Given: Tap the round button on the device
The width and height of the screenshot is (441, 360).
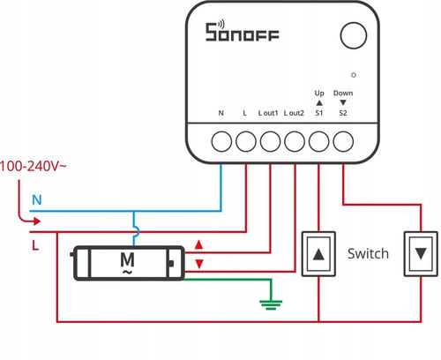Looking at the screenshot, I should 352,36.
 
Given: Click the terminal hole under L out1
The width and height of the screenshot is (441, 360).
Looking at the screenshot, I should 270,139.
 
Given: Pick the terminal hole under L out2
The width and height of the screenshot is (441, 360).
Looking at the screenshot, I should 295,139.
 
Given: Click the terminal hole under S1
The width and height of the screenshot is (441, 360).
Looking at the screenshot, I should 319,139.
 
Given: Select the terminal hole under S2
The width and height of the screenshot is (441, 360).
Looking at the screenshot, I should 344,139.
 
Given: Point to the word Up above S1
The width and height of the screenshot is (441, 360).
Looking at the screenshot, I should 319,92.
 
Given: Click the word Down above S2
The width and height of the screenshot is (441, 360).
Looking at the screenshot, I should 344,92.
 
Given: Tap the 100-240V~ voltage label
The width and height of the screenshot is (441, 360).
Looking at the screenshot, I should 34,165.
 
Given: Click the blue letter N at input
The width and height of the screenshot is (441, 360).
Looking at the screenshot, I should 36,200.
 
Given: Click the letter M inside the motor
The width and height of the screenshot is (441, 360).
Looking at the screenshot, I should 126,260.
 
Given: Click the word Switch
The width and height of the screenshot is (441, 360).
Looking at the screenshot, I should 368,254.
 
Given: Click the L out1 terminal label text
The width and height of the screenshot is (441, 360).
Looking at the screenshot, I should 268,114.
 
